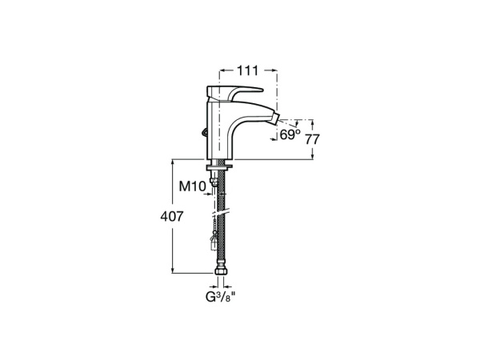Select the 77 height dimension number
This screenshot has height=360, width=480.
[x=313, y=138]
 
